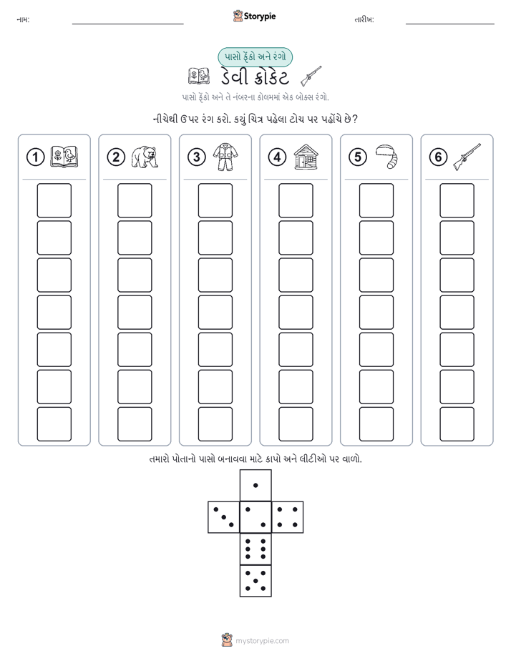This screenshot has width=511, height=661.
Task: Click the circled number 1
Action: [x=35, y=157]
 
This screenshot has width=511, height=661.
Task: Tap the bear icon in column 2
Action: [x=144, y=157]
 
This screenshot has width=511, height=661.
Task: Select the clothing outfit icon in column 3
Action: [x=225, y=157]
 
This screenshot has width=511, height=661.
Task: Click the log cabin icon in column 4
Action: [x=306, y=157]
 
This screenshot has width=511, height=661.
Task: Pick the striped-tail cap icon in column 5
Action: [x=386, y=157]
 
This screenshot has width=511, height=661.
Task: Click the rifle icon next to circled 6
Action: [x=467, y=157]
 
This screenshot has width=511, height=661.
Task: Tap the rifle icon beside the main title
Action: [x=311, y=76]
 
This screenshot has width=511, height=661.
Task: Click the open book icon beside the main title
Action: [x=198, y=77]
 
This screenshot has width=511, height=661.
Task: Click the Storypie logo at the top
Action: [x=254, y=16]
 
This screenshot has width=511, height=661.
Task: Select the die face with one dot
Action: [x=255, y=485]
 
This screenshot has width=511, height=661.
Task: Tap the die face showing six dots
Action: [x=255, y=549]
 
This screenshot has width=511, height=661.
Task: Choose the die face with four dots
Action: [x=288, y=517]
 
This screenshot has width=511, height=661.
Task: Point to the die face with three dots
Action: [x=224, y=517]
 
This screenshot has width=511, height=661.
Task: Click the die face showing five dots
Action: [x=255, y=581]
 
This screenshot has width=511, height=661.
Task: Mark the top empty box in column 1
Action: [x=54, y=200]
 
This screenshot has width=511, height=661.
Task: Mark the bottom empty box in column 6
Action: [x=457, y=424]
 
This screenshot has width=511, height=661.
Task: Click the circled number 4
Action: [x=277, y=157]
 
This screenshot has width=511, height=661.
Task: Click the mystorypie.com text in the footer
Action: [x=262, y=641]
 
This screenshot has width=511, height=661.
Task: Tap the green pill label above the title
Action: [x=255, y=57]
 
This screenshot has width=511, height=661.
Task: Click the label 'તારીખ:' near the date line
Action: [x=364, y=19]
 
